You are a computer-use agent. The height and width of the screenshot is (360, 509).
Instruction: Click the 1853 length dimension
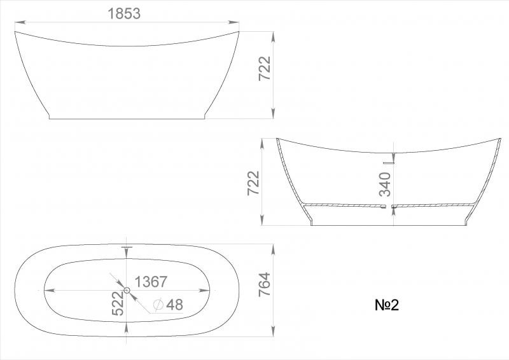click(124, 13)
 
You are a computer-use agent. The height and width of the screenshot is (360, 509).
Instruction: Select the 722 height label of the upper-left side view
click(264, 69)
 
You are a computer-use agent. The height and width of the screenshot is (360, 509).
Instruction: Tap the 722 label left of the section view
click(253, 183)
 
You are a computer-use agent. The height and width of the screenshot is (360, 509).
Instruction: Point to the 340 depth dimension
click(385, 184)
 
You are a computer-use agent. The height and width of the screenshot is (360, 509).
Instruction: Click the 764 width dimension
click(264, 284)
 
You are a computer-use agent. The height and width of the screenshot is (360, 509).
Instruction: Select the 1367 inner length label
click(151, 282)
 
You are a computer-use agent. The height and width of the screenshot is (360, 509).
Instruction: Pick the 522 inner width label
click(118, 303)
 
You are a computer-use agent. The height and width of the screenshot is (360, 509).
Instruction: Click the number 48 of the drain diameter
click(174, 305)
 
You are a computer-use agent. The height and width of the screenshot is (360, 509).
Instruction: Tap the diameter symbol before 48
click(158, 305)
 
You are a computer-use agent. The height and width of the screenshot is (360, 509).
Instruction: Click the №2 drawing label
click(387, 305)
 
